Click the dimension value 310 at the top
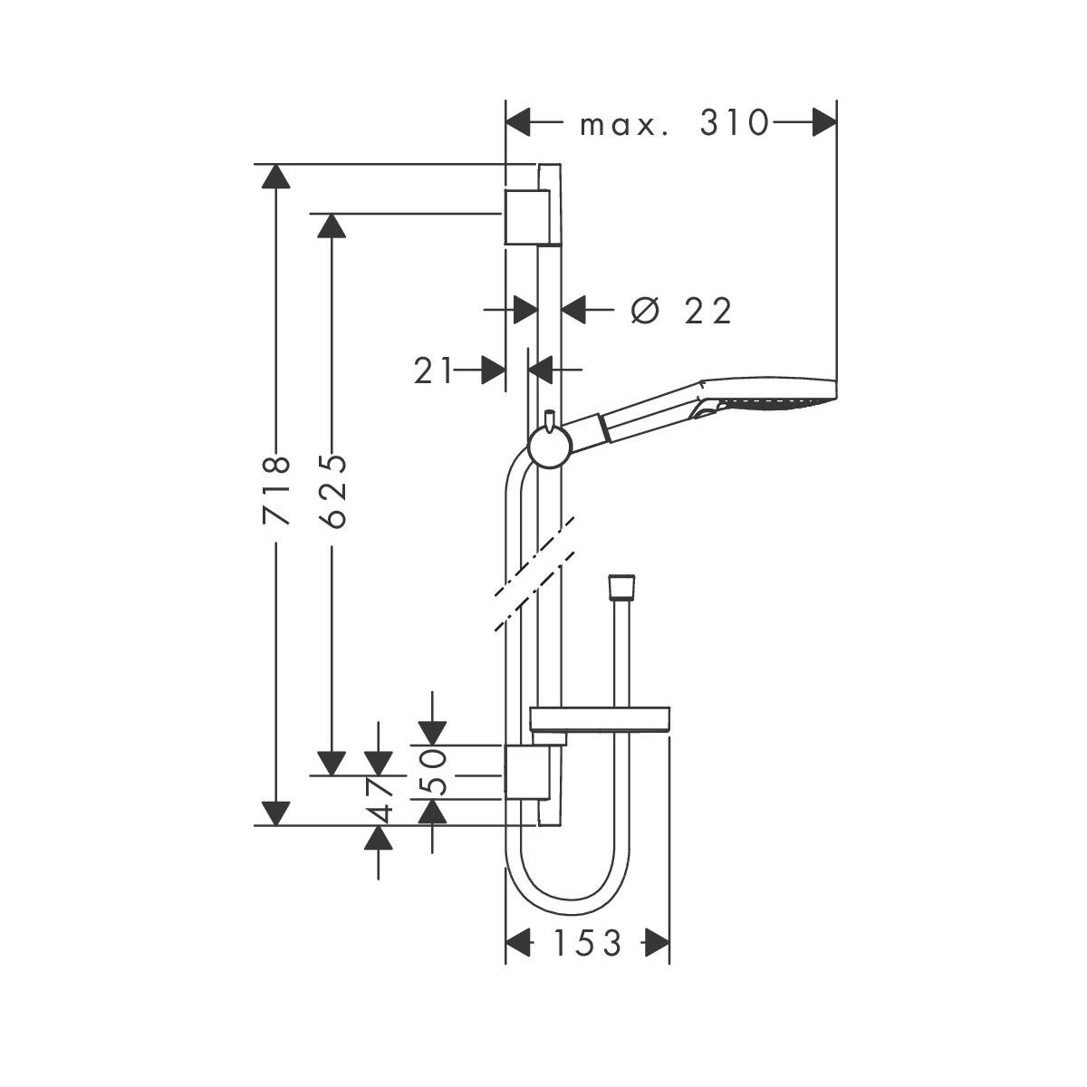[734, 123]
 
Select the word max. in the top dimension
[625, 124]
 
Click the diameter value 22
[707, 312]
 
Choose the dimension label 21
[433, 370]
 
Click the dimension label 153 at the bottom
[588, 944]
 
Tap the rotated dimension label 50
[435, 772]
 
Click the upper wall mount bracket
[525, 217]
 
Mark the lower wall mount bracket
[525, 774]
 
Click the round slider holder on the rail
[549, 447]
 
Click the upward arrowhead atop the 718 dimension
[276, 176]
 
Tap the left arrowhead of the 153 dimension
[517, 944]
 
